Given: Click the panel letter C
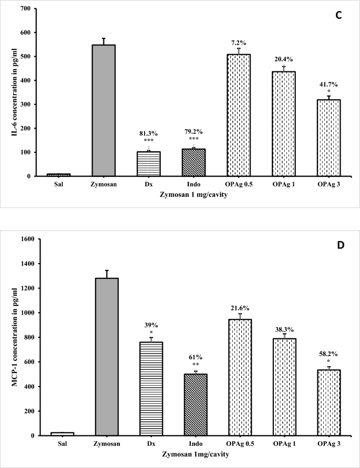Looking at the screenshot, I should point(338,16).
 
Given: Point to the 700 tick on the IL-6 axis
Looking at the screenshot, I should point(21,8).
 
